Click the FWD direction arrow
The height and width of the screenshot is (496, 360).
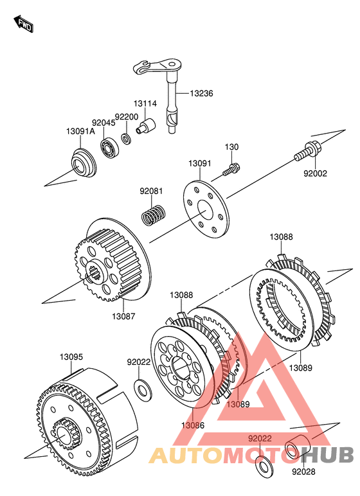tap(23, 24)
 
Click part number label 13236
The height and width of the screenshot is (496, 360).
tap(201, 93)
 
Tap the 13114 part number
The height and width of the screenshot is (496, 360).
tap(145, 103)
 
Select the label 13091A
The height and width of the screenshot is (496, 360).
tap(80, 131)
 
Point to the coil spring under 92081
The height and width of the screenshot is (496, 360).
tap(153, 215)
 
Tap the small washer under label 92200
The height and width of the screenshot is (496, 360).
tap(127, 138)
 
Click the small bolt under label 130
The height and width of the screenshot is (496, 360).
tap(231, 169)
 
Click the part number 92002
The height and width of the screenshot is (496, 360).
tap(315, 173)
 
